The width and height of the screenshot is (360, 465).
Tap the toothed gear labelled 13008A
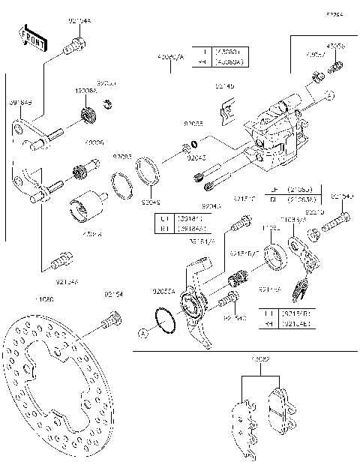pyautogui.click(x=88, y=116)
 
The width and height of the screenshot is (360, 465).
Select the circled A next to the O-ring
pyautogui.click(x=142, y=331)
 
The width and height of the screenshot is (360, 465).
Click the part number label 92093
pyautogui.click(x=122, y=156)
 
